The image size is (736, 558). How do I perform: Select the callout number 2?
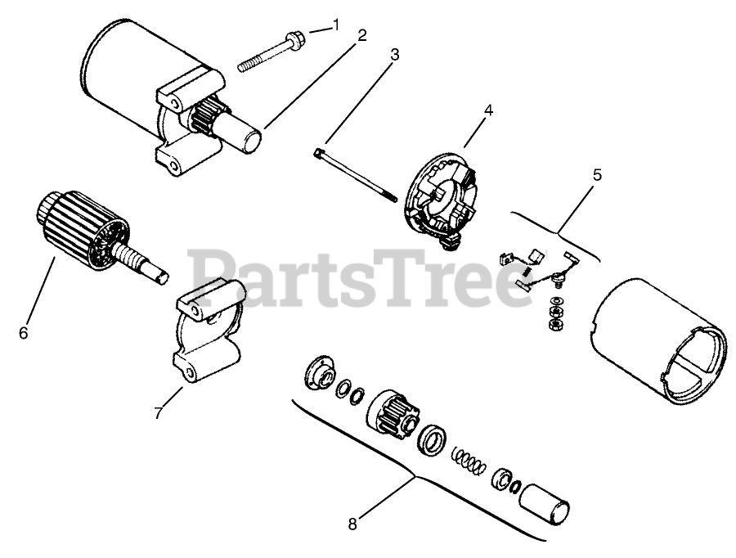point(361,36)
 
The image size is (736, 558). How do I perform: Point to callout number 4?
point(488,106)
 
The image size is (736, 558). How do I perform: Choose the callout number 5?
point(597,174)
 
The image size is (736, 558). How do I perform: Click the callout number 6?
point(23,333)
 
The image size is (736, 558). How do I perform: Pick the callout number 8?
point(352,524)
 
